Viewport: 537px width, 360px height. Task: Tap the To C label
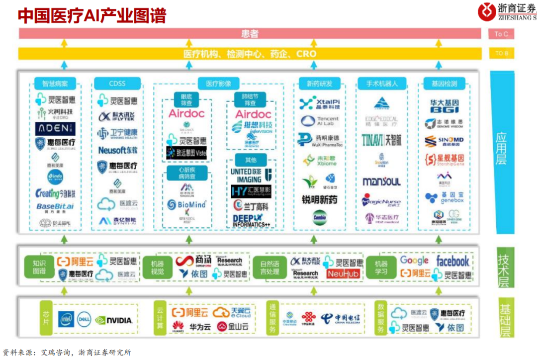pyautogui.click(x=501, y=34)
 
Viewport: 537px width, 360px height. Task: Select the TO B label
pyautogui.click(x=501, y=53)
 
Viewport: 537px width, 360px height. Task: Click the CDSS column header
pyautogui.click(x=117, y=83)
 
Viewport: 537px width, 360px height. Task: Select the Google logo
pyautogui.click(x=414, y=261)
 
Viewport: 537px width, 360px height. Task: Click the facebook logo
pyautogui.click(x=452, y=261)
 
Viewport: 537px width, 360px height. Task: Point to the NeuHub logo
pyautogui.click(x=343, y=274)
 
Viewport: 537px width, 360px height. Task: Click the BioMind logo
pyautogui.click(x=186, y=204)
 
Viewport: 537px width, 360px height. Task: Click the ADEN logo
pyautogui.click(x=55, y=129)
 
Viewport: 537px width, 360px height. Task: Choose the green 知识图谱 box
pyautogui.click(x=40, y=268)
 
